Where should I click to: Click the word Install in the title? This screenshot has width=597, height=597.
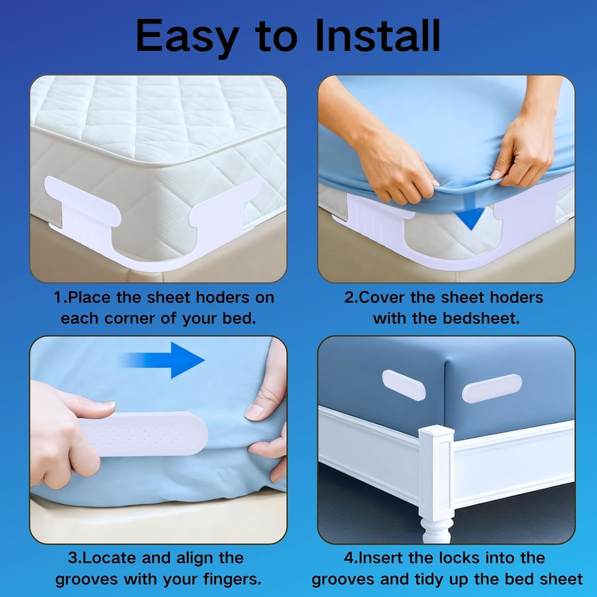click(x=378, y=36)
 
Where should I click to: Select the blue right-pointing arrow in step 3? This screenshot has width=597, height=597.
click(x=179, y=359)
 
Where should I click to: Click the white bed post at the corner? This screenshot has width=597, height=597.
click(x=436, y=472)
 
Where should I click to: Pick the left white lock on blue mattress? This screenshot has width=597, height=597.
click(x=404, y=385)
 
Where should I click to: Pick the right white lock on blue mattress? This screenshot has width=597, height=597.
click(x=491, y=388)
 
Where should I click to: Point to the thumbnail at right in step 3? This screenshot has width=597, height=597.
click(x=259, y=411)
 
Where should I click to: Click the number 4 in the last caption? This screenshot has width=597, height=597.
click(x=349, y=558)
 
